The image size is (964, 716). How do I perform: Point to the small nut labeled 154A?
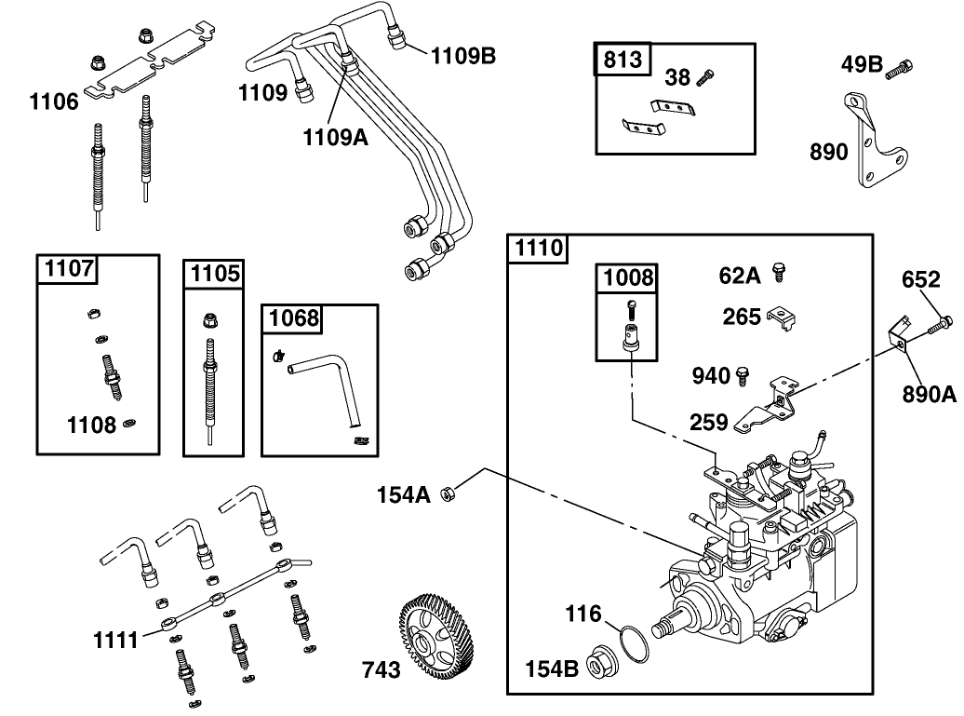(x=447, y=493)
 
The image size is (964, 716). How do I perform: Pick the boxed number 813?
(x=623, y=60)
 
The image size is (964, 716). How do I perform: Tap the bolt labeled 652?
(x=939, y=323)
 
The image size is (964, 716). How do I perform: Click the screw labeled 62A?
(x=780, y=273)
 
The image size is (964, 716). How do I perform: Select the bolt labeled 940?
(x=742, y=375)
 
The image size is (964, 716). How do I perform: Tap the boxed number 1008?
(x=629, y=277)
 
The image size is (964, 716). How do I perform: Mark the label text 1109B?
(x=462, y=56)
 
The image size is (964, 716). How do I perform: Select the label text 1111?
(x=115, y=640)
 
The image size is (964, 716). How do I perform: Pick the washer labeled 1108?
(x=130, y=425)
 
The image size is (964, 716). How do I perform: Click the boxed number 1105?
(x=214, y=274)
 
